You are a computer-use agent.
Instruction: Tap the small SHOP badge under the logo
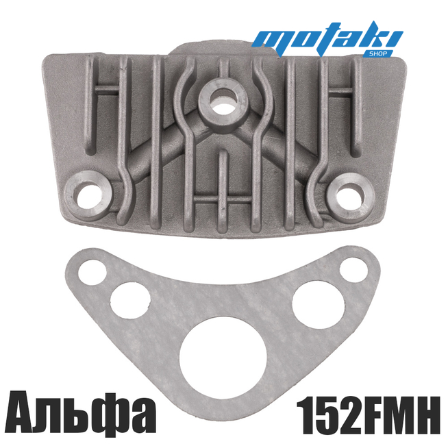pyautogui.click(x=377, y=53)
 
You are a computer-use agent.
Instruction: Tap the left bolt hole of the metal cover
pyautogui.click(x=88, y=197)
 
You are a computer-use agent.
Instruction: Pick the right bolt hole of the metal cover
pyautogui.click(x=350, y=197)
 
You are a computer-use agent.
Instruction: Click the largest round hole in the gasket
pyautogui.click(x=223, y=359)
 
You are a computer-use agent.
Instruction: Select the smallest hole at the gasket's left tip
pyautogui.click(x=92, y=273)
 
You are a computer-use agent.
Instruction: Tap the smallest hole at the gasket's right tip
pyautogui.click(x=353, y=270)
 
